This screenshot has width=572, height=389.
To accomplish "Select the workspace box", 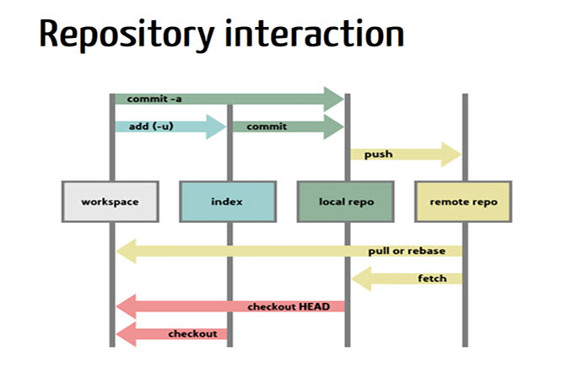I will [x=110, y=202].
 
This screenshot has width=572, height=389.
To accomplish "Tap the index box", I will [x=227, y=202].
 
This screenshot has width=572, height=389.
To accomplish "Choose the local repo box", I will [x=346, y=202].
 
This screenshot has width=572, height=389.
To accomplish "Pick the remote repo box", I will [x=463, y=202].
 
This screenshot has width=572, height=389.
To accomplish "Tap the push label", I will [x=377, y=154].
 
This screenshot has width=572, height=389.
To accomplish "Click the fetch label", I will [x=430, y=278].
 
